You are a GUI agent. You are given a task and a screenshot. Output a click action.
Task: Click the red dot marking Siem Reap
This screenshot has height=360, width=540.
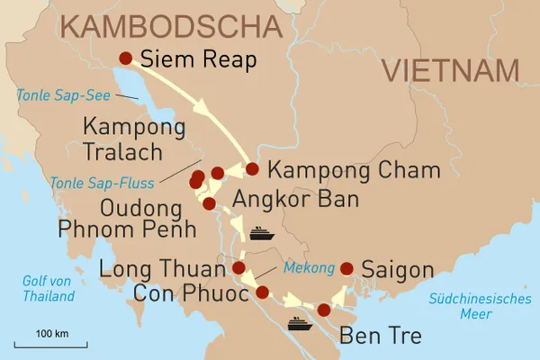(126, 58)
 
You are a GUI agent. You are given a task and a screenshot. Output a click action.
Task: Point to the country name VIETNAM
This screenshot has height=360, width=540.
(450, 69)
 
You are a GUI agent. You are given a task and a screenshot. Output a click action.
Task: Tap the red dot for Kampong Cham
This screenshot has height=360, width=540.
(252, 168)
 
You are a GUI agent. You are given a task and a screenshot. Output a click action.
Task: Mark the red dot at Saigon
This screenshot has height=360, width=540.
(346, 267)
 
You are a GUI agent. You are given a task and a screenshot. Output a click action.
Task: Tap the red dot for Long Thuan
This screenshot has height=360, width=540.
(238, 267)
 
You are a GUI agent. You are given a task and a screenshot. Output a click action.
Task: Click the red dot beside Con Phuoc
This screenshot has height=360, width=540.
(262, 292)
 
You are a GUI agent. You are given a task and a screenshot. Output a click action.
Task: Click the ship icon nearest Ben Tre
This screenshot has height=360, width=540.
(299, 323)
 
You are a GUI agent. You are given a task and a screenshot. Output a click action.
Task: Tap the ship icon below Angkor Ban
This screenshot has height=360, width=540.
(260, 232)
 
